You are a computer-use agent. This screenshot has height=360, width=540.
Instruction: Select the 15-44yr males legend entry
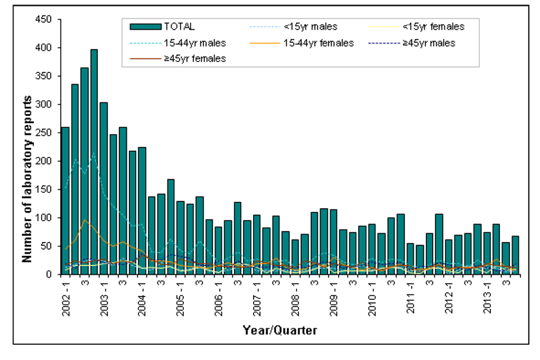[x=169, y=43]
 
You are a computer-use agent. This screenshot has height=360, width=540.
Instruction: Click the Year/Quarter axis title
[x=280, y=331]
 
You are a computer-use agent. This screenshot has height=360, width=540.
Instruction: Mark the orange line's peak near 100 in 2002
[x=84, y=220]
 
